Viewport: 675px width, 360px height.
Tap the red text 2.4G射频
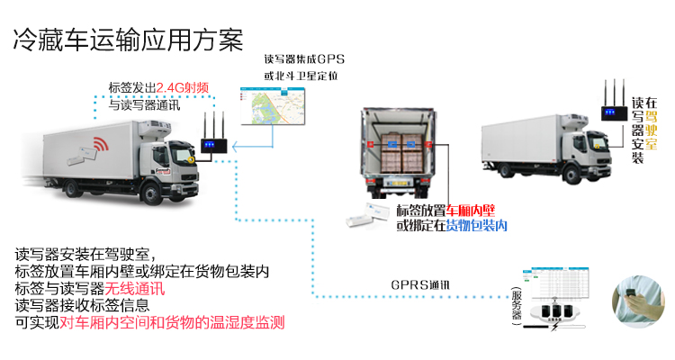point(184,88)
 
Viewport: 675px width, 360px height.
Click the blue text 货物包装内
point(477,225)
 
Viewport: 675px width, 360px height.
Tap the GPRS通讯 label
point(419,286)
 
